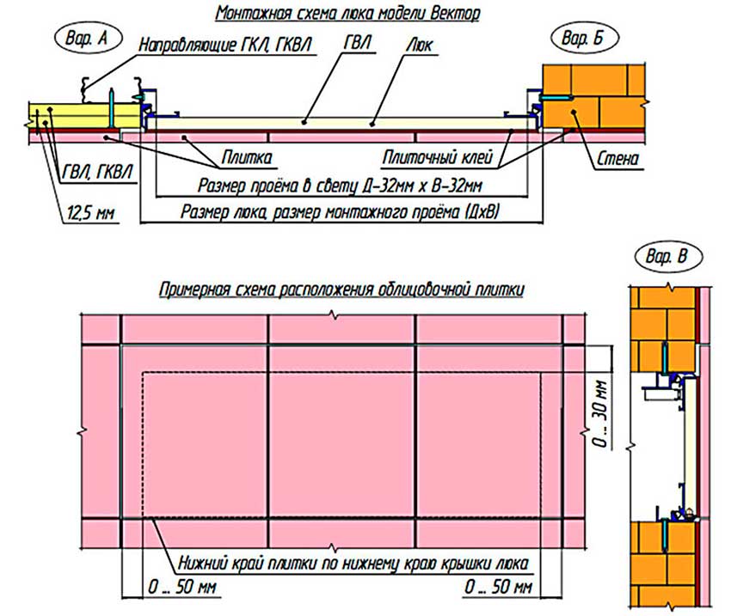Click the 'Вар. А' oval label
[88, 38]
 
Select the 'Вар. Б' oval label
[584, 38]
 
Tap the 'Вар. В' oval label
[667, 257]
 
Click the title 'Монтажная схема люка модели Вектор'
[347, 13]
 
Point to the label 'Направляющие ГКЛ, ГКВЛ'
[225, 45]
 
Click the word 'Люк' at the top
[420, 45]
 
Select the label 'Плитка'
[247, 157]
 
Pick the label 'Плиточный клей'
[437, 157]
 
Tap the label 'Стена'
[617, 159]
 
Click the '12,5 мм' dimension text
[90, 213]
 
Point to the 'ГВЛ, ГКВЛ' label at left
[97, 172]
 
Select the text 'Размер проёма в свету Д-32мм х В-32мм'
[340, 186]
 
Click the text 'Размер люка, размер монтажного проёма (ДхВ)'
[341, 212]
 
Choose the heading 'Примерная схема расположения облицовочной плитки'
[341, 290]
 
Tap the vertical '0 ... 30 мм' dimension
[601, 414]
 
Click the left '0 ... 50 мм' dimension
[182, 587]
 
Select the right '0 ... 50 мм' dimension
[498, 587]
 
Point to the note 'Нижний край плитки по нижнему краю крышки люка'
[353, 564]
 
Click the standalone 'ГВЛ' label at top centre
[358, 43]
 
